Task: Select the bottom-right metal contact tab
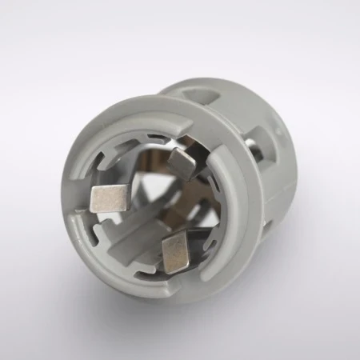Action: (x=175, y=254)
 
